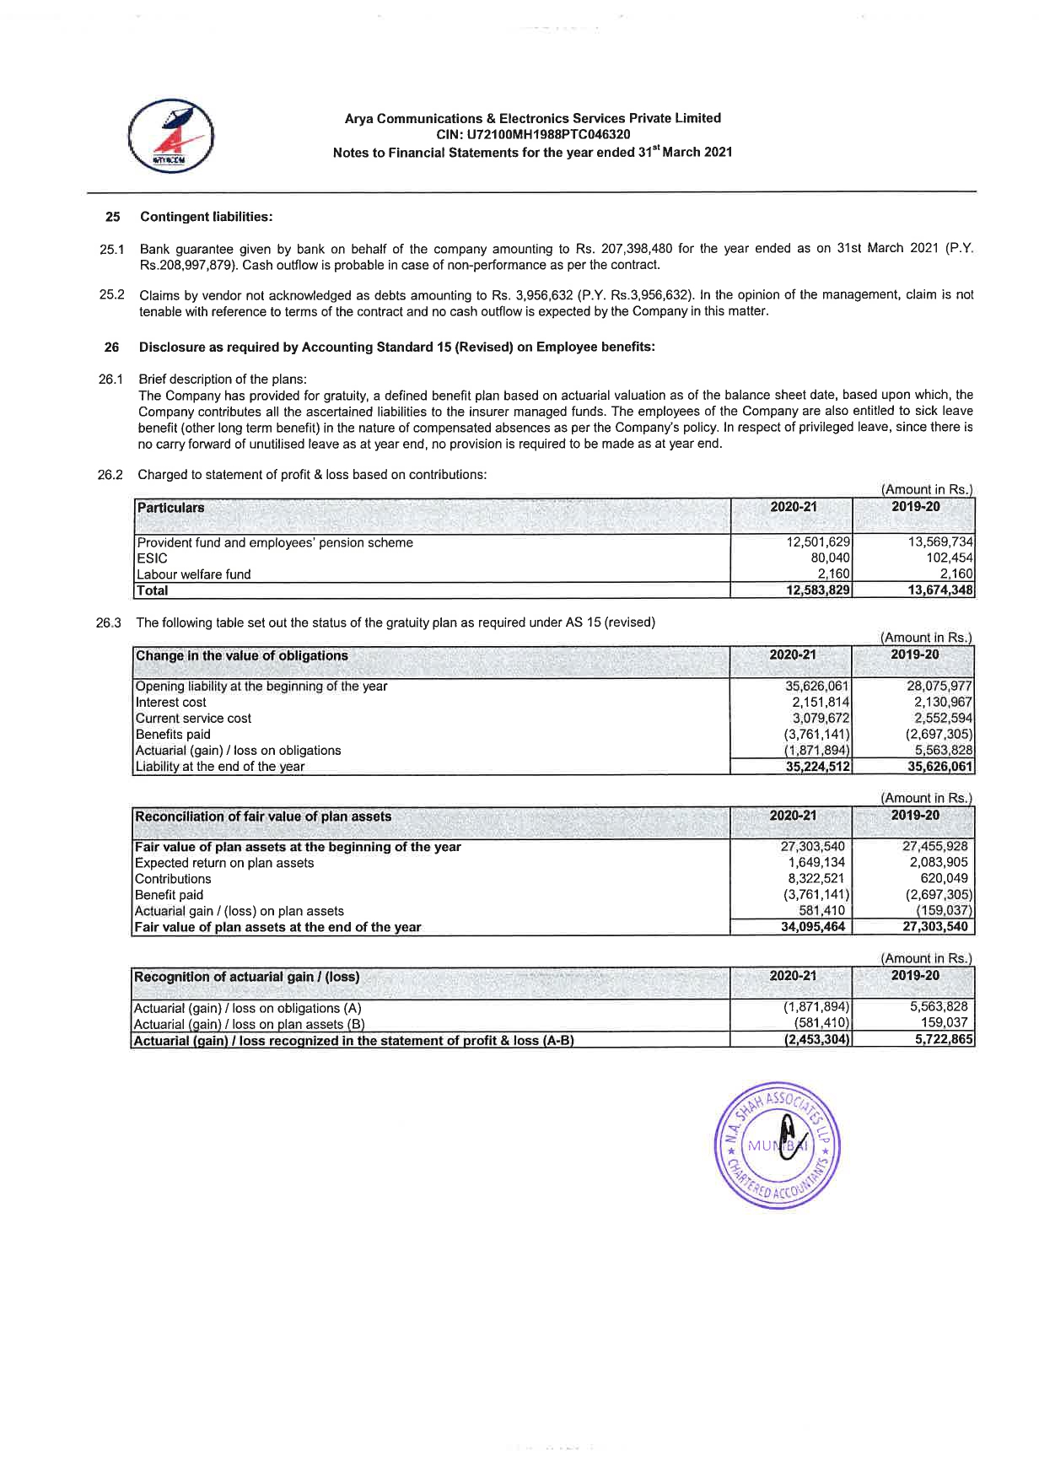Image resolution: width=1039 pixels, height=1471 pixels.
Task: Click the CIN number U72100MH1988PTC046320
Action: pyautogui.click(x=532, y=135)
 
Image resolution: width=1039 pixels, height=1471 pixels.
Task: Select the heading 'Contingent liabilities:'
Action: pyautogui.click(x=206, y=217)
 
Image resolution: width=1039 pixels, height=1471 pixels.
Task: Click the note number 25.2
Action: pyautogui.click(x=112, y=294)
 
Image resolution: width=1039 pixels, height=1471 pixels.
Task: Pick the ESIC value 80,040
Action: pyautogui.click(x=830, y=558)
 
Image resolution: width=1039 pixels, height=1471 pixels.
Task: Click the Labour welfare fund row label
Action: pyautogui.click(x=194, y=574)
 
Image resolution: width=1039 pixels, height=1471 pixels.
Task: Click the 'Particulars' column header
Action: pyautogui.click(x=170, y=508)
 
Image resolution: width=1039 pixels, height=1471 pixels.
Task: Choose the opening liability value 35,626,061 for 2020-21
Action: pyautogui.click(x=816, y=686)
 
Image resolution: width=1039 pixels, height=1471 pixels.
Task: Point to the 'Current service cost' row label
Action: pyautogui.click(x=194, y=719)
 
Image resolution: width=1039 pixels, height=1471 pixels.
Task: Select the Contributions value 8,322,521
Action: pyautogui.click(x=816, y=879)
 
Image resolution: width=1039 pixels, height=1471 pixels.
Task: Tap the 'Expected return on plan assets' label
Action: pyautogui.click(x=224, y=863)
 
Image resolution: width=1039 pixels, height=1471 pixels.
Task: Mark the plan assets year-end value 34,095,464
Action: pyautogui.click(x=813, y=927)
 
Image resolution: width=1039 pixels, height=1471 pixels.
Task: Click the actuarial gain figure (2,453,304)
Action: pyautogui.click(x=815, y=1040)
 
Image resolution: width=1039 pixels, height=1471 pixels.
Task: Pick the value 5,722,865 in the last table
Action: pyautogui.click(x=943, y=1040)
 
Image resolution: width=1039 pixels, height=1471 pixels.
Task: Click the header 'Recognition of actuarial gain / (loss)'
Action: pyautogui.click(x=247, y=977)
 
